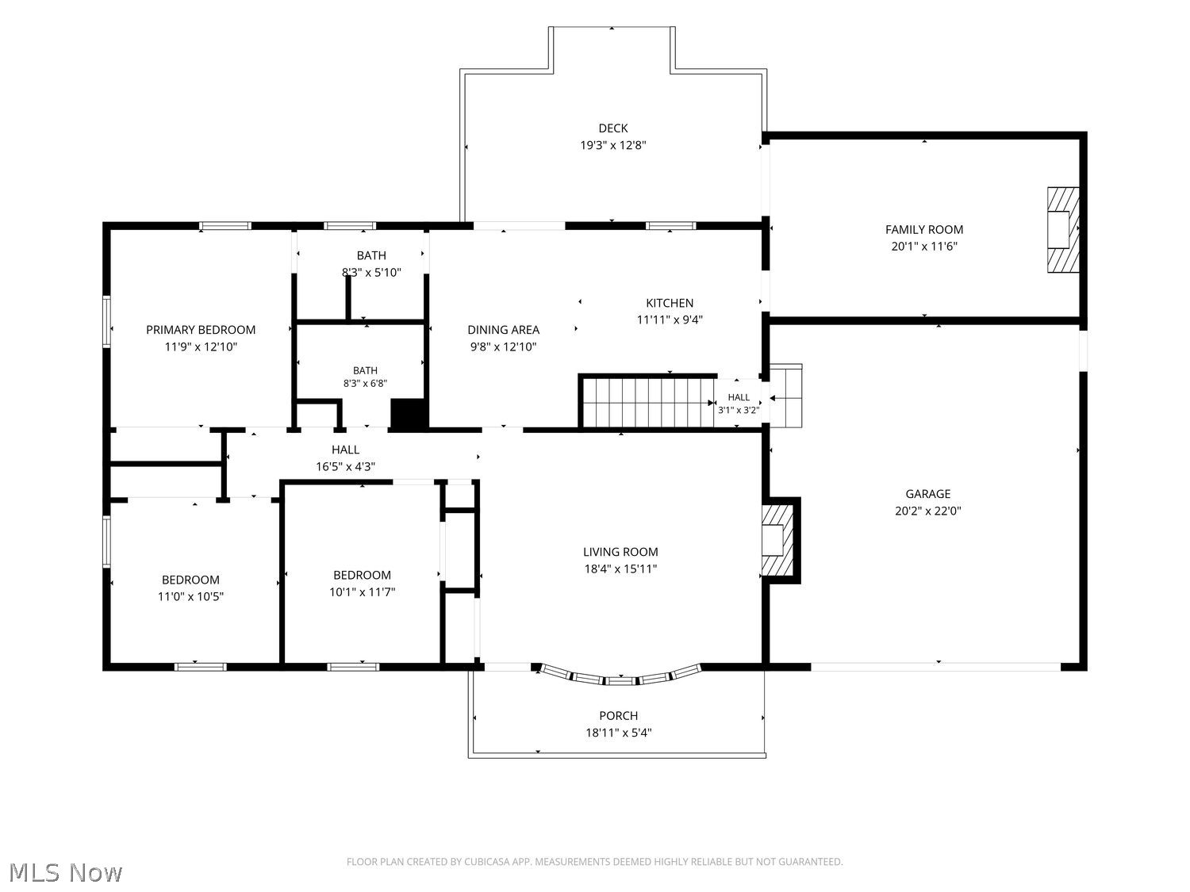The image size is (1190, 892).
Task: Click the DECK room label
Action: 612,128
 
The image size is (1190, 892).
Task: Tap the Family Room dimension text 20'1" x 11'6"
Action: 923,247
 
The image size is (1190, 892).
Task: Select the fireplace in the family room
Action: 1062,230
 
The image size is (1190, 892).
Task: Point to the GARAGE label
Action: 927,494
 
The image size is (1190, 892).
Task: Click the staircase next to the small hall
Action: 648,403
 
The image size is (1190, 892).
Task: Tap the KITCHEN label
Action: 670,304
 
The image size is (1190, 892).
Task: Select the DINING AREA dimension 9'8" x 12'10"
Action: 503,346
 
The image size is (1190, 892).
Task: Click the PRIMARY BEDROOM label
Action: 201,330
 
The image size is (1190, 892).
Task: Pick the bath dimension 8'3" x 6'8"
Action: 365,384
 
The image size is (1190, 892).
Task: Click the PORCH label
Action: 618,716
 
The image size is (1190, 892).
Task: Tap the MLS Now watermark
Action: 65,872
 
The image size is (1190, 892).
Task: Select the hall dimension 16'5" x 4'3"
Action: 345,466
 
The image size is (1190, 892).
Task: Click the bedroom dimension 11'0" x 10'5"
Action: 190,597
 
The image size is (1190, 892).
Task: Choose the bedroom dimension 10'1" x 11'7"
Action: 362,592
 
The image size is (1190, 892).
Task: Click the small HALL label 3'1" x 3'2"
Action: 739,404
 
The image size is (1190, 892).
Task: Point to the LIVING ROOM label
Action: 620,552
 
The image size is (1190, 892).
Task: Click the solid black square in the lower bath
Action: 409,415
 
